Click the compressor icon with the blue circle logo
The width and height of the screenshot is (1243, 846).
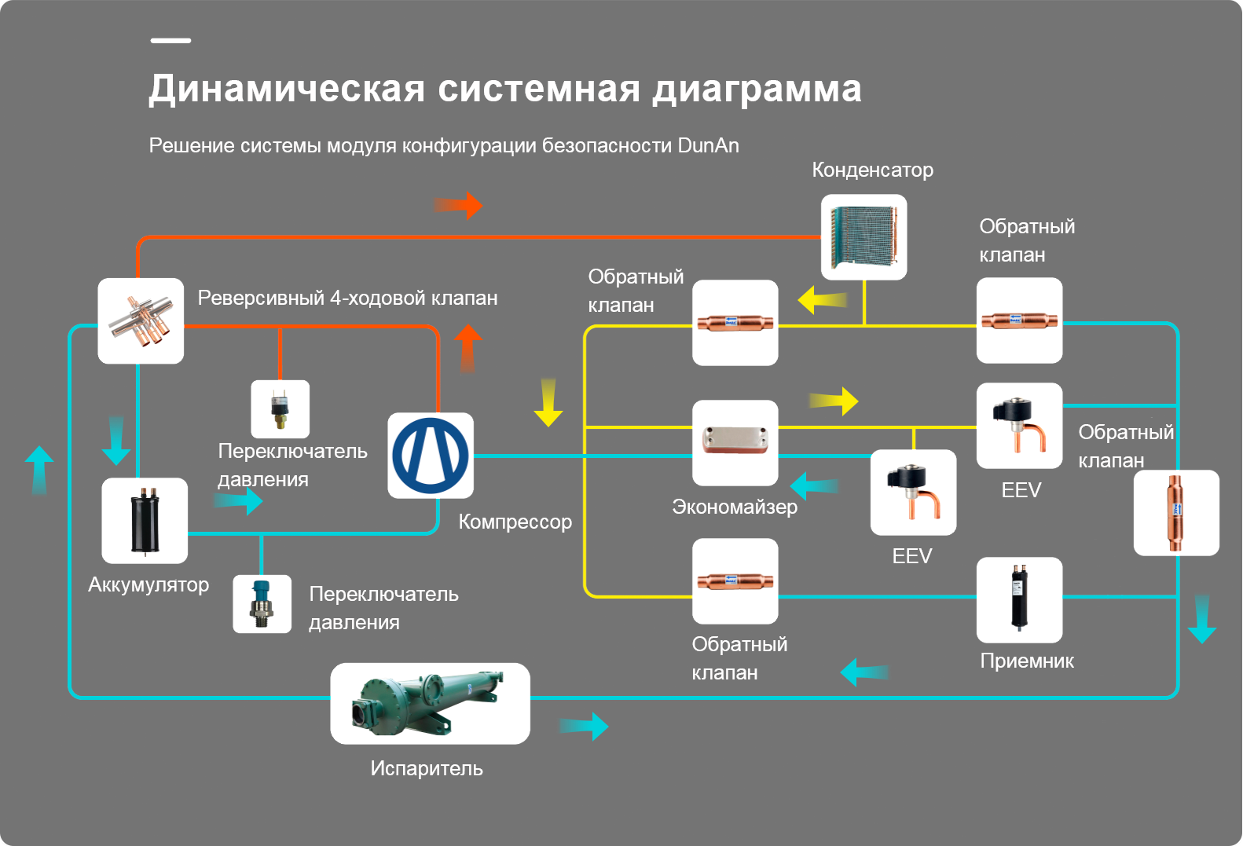tap(431, 456)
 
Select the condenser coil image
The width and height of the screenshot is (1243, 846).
tap(864, 237)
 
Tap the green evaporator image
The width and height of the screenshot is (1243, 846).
tap(430, 703)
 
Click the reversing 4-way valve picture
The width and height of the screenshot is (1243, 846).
tap(141, 320)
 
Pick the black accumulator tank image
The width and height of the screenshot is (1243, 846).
tap(145, 520)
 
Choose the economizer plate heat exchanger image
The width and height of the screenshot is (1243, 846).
tap(735, 443)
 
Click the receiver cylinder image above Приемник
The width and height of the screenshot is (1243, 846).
tap(1019, 599)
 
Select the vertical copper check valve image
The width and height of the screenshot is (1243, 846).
tap(1176, 513)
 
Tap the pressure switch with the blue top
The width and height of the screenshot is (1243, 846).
tap(262, 603)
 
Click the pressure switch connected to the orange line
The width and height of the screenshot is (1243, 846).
tap(280, 408)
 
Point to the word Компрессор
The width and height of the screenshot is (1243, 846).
tap(515, 522)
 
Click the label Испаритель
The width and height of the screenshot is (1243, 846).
tap(427, 769)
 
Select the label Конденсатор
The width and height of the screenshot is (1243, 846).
tap(872, 170)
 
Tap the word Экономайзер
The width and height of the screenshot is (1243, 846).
tap(735, 507)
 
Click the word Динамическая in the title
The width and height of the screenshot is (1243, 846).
tap(287, 89)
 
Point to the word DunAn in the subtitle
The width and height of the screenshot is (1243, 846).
tap(708, 145)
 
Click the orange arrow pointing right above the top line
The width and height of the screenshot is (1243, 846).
tap(458, 206)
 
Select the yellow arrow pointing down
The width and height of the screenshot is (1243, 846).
tap(548, 403)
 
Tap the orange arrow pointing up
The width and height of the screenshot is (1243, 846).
tap(468, 349)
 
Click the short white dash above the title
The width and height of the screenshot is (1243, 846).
tap(171, 41)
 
